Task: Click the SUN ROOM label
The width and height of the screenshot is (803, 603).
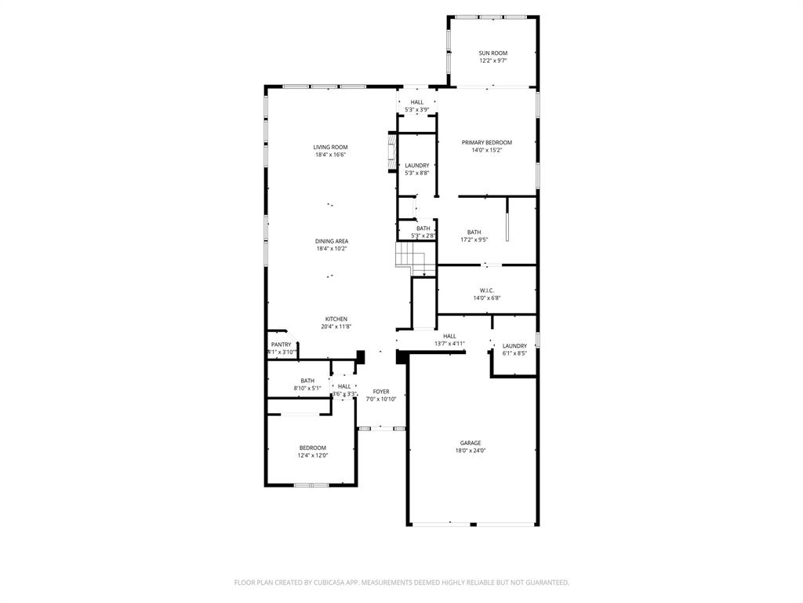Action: click(493, 53)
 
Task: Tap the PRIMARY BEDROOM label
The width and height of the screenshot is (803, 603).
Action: click(486, 142)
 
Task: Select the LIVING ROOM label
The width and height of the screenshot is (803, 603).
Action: click(330, 147)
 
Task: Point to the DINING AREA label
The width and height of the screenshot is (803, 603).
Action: click(332, 241)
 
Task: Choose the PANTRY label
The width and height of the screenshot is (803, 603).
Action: click(281, 345)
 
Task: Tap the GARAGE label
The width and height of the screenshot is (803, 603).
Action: click(471, 443)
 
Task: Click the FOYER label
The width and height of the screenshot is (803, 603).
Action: click(381, 391)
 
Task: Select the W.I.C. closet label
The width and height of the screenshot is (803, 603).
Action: click(486, 290)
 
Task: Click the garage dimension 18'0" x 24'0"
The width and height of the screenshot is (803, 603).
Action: click(471, 451)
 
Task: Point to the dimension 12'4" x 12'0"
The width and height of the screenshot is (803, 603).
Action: click(312, 455)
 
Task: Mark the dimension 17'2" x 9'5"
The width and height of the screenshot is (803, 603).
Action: click(474, 239)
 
